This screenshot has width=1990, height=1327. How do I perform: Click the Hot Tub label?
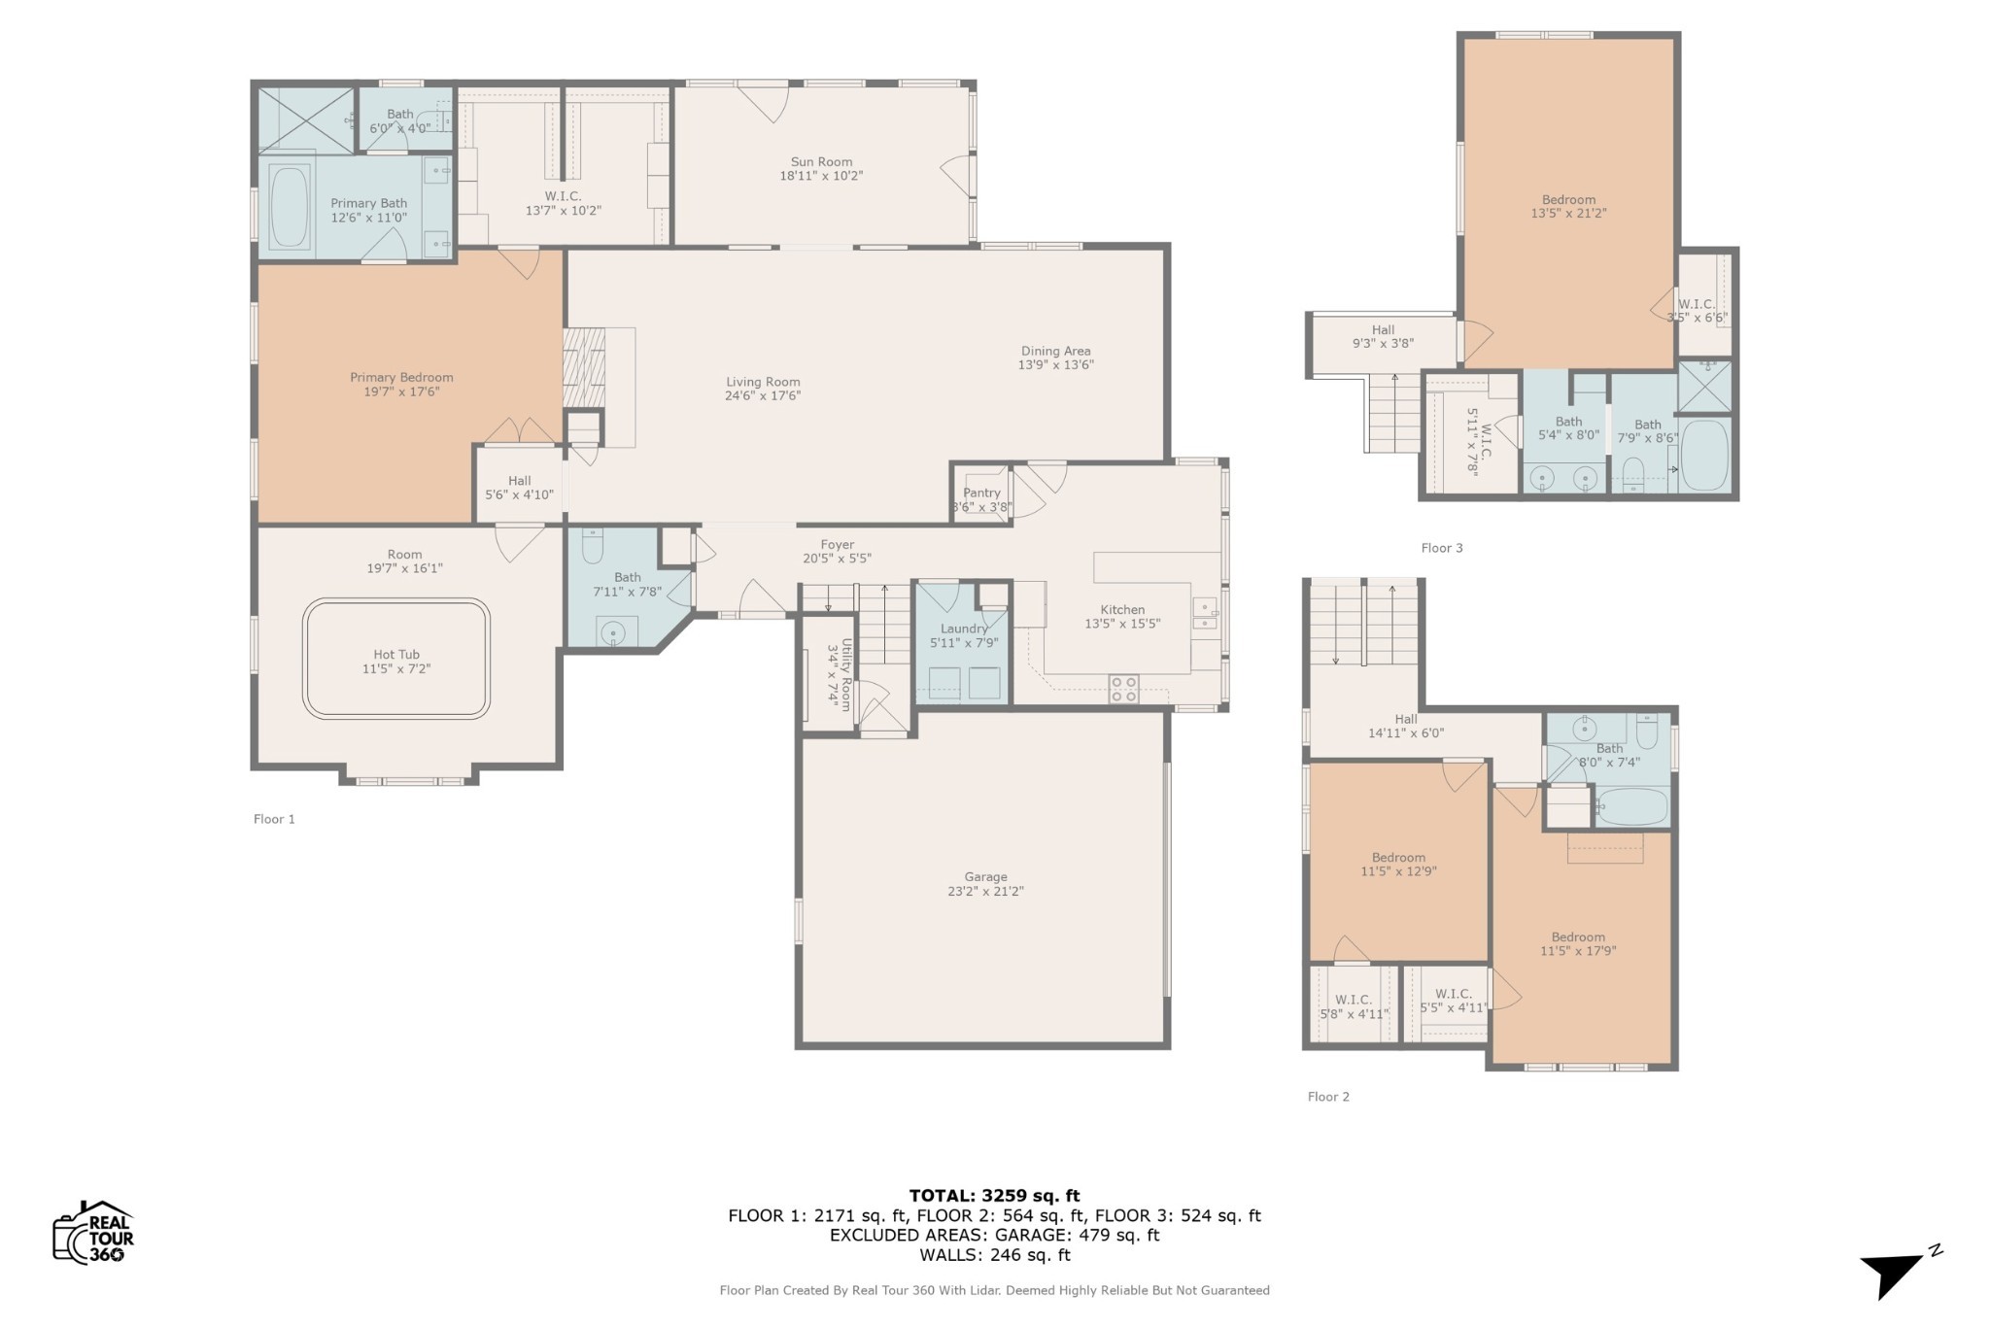(396, 655)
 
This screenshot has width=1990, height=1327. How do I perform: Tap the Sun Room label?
(821, 162)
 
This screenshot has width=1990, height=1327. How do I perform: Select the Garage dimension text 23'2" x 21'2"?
(985, 891)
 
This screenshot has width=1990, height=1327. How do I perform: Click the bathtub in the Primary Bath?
(290, 207)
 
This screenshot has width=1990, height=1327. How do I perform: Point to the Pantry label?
(982, 493)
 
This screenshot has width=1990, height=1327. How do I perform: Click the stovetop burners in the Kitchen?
(1124, 689)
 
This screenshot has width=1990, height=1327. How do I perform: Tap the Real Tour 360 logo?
(93, 1232)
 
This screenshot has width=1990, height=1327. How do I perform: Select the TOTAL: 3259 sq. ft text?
(994, 1196)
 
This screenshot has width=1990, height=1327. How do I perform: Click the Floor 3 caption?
(1442, 548)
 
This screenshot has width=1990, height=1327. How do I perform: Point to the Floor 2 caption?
(1328, 1097)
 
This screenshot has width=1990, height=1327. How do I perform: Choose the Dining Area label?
(1055, 351)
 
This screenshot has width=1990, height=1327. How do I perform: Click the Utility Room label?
(846, 674)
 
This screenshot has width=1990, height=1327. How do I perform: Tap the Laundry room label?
(964, 629)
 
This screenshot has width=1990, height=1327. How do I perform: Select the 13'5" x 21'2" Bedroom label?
(1568, 206)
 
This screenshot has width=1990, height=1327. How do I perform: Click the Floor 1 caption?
(274, 819)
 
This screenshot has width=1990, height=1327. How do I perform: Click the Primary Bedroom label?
(401, 377)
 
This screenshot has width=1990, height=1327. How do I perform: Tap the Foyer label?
(837, 545)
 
